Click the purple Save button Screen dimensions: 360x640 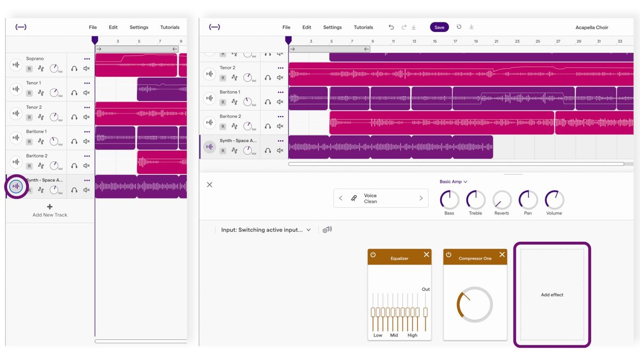coord(439,27)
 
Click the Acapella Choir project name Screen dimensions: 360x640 coord(591,27)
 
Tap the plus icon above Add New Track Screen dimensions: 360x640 coord(50,207)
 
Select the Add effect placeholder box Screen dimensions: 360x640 coord(552,294)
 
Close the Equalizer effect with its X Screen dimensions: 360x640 coord(426,255)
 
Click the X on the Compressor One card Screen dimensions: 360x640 coord(502,255)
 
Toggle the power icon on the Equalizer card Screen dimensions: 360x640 coord(373,255)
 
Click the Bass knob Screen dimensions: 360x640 coord(449,200)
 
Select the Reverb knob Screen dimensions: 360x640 coord(501,200)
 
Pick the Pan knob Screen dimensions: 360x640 coord(527,200)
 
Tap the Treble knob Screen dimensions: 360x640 coord(475,200)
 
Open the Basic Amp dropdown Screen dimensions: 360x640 coord(453,182)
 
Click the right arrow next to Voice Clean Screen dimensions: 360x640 coord(421,198)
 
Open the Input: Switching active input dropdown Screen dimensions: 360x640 coord(266,230)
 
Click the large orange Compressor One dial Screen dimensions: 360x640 coord(474,305)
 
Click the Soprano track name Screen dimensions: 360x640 coord(35,59)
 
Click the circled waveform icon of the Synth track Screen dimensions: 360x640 coord(17,186)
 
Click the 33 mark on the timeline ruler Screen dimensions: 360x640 coord(620,41)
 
